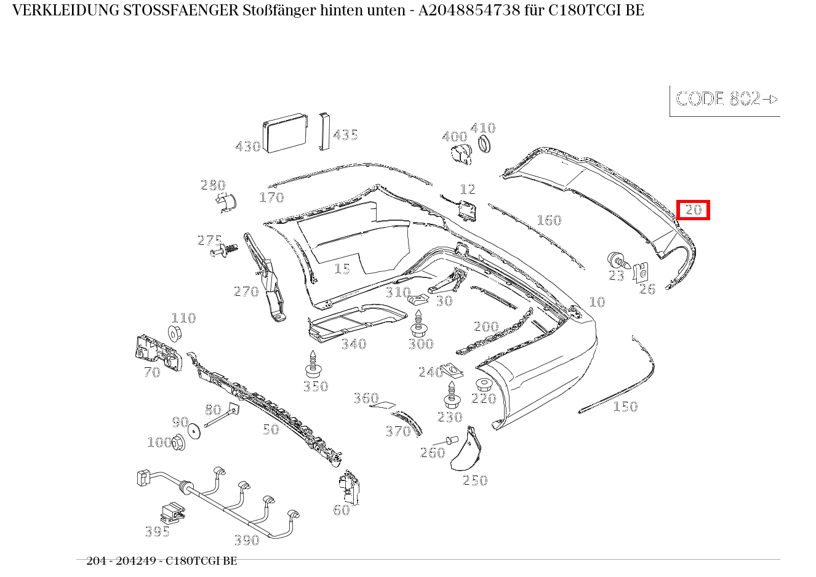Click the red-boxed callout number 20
693,210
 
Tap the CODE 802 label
718,98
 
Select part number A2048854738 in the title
469,10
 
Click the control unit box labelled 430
286,133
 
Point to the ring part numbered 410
484,144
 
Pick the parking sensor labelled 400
461,154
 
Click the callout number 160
549,220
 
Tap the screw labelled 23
618,260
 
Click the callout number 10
597,302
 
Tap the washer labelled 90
194,431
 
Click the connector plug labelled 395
172,514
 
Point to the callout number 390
247,539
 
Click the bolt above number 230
452,395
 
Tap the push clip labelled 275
224,250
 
